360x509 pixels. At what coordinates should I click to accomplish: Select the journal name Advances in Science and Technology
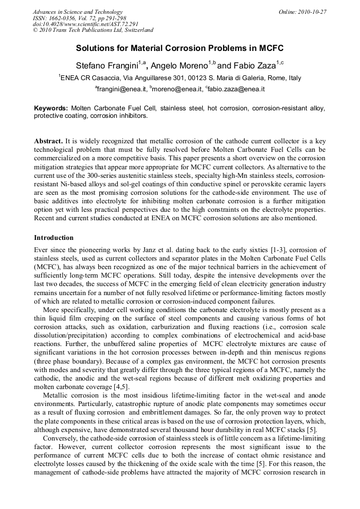[78, 12]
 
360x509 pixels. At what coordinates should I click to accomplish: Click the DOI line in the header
[78, 24]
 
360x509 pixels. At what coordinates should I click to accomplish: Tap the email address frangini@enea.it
[122, 89]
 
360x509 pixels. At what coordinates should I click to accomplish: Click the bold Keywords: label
[51, 108]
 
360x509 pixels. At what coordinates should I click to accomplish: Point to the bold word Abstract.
[48, 142]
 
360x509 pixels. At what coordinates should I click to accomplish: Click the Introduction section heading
[54, 237]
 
